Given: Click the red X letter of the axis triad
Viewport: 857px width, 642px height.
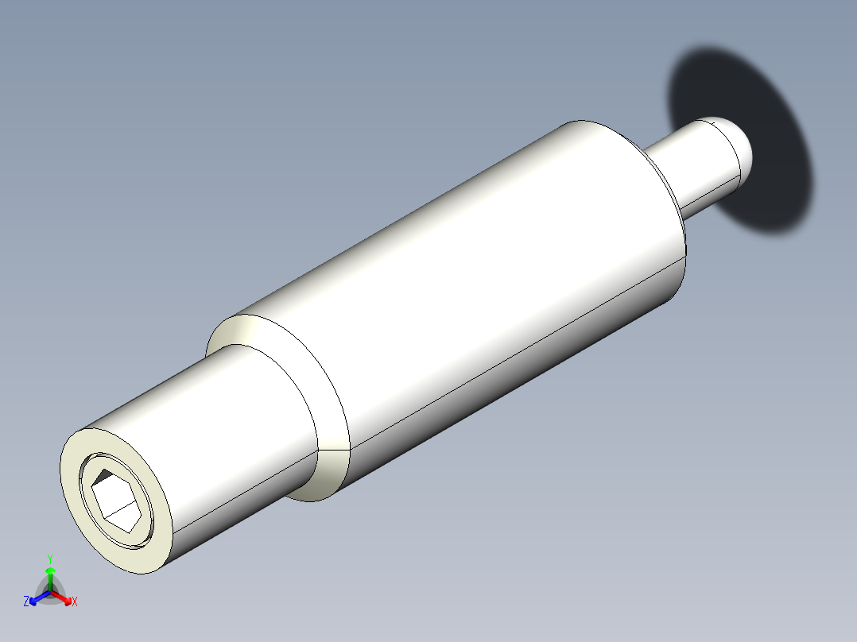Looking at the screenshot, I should tap(75, 602).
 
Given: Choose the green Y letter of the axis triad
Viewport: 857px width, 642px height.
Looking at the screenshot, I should tap(50, 558).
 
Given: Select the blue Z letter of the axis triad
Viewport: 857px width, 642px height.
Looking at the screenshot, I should tap(26, 602).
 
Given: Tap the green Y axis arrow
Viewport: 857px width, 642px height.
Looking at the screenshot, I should tap(50, 577).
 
